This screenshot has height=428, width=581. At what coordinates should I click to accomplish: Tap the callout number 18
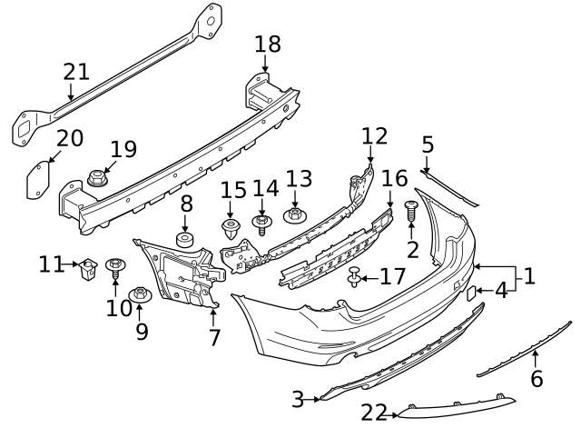point(267,44)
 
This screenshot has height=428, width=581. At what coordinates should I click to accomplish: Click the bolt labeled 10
point(115,267)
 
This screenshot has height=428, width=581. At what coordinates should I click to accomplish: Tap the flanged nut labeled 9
point(141,294)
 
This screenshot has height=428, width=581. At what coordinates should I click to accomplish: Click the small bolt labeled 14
point(261,223)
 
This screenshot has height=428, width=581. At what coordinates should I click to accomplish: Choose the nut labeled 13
point(294,216)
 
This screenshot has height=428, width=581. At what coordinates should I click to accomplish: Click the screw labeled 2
point(410,211)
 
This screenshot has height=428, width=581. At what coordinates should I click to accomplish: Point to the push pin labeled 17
point(355,274)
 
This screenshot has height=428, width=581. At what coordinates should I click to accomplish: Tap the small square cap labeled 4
point(473,293)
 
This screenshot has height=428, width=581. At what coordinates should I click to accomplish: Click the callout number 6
point(537,378)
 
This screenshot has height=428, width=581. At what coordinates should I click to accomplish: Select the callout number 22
point(374,413)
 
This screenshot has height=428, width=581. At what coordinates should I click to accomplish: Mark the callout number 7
point(214,337)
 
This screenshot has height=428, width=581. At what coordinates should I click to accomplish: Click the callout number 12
point(374,136)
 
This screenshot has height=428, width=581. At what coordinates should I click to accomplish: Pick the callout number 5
point(428,144)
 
